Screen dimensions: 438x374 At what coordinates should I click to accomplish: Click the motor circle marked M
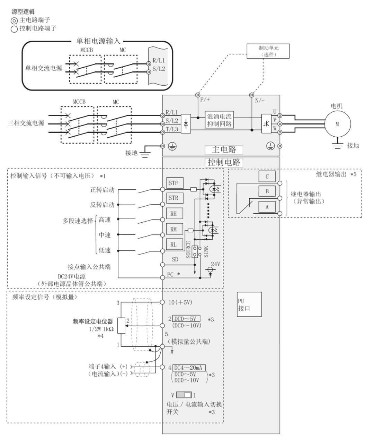pos(337,124)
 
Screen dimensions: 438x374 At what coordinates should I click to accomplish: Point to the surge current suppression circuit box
pos(219,120)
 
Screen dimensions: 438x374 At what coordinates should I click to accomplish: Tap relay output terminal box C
pos(267,177)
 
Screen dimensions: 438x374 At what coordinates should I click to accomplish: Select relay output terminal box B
pos(267,191)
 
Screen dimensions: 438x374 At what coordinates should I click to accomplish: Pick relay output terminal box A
pos(267,207)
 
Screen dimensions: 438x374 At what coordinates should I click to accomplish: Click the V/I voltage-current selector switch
pos(184,395)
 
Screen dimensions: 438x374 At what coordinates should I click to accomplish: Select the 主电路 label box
pos(224,149)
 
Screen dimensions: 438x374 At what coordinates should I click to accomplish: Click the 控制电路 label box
pos(224,162)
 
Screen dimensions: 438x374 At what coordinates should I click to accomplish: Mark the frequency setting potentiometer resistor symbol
pos(121,325)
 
